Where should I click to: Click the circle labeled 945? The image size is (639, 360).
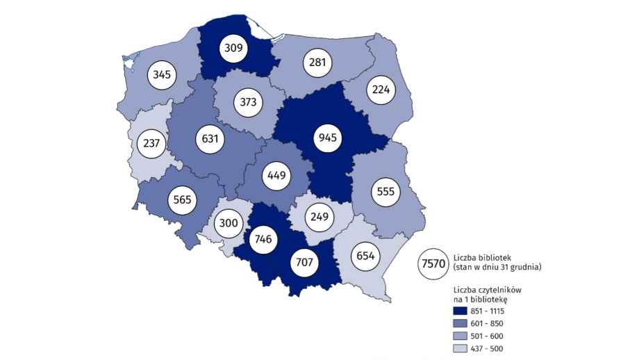click(328, 138)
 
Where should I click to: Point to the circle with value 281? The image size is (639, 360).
click(317, 63)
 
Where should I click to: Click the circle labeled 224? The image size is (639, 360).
click(382, 89)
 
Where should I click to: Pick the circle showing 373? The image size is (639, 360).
click(248, 102)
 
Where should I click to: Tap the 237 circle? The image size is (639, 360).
click(152, 144)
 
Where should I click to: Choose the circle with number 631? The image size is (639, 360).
click(210, 138)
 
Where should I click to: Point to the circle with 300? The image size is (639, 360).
click(229, 224)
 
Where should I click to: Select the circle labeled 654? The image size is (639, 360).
click(366, 256)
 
